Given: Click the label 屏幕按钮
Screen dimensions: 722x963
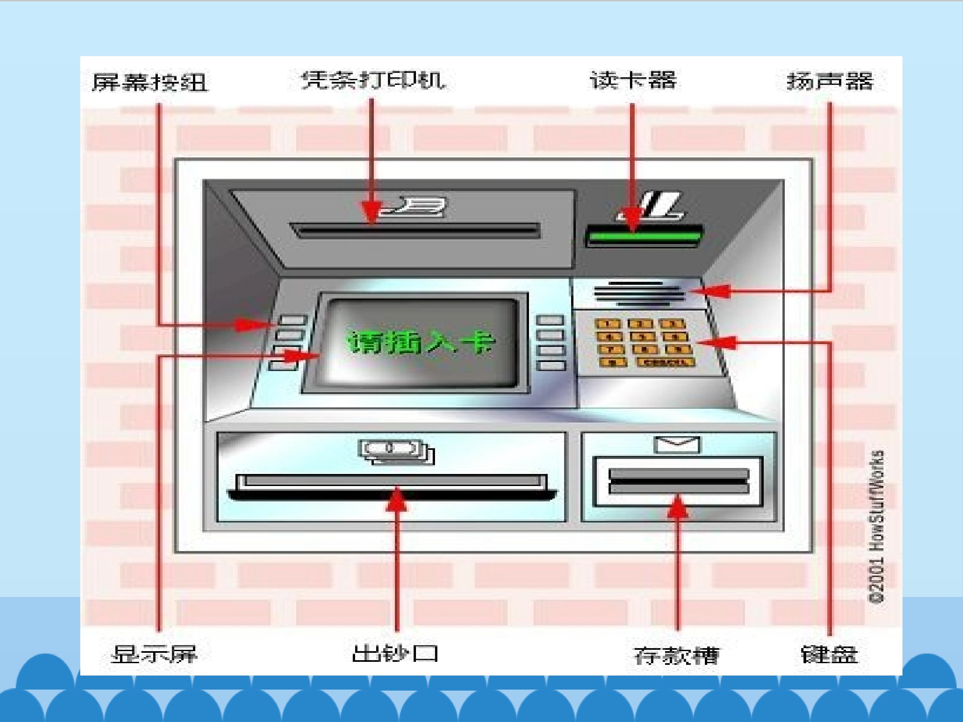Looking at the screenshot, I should coord(150,82).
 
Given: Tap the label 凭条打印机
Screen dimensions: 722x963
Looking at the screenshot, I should coord(373,81).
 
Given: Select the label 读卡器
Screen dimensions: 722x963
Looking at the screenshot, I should coord(633,81).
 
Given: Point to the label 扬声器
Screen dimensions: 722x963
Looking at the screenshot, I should coord(830,81).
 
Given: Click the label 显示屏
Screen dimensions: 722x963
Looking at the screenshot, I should coord(154,654).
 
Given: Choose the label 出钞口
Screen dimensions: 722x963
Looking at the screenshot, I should coord(395,653).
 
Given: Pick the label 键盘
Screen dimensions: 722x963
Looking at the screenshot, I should coord(829,654).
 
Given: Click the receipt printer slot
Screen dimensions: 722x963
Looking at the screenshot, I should coord(416,229).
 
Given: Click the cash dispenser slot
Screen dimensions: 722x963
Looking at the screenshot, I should coord(392,487).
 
